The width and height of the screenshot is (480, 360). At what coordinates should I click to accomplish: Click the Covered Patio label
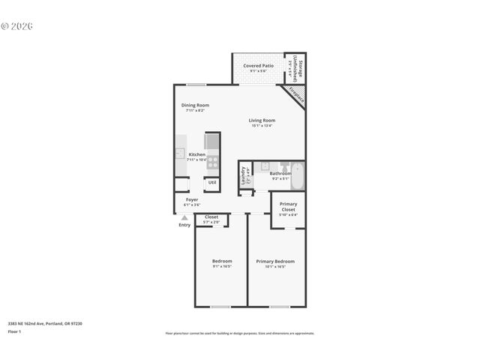pos(257,66)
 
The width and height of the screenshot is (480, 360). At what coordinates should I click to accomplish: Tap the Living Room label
pos(262,120)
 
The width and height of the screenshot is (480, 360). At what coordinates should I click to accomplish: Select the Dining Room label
pos(195,105)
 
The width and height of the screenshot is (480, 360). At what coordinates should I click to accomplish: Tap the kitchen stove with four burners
pos(213,159)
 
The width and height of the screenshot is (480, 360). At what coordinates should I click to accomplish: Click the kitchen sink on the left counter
pos(180,154)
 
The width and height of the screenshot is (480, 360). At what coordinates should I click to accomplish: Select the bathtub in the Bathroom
pos(297,176)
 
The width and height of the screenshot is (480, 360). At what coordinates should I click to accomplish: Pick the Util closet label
pos(212,182)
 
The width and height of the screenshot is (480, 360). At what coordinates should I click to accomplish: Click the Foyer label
pos(192,199)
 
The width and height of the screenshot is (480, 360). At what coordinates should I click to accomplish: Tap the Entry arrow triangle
pos(184,217)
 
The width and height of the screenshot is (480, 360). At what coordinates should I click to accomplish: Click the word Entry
pos(184,225)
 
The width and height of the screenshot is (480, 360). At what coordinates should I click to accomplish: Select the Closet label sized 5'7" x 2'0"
pos(211,217)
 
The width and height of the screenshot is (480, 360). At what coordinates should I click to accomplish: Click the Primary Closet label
pos(288,206)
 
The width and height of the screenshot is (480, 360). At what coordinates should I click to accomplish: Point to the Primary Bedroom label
pos(275,261)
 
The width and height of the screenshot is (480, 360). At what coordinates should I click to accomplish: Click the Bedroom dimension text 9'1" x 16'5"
pos(221,266)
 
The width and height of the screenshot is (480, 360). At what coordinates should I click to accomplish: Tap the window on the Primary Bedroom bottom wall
pos(279,307)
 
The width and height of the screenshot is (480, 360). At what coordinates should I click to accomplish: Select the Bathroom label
pos(280,173)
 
